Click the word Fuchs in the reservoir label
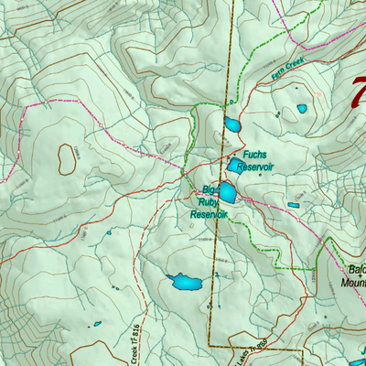(254, 155)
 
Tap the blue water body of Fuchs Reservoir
(237, 163)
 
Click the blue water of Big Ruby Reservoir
(226, 193)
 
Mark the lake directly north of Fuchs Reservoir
(231, 125)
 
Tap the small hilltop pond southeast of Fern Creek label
(302, 109)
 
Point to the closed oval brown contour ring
(67, 158)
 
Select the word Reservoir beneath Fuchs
(254, 167)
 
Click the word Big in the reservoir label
(210, 190)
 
